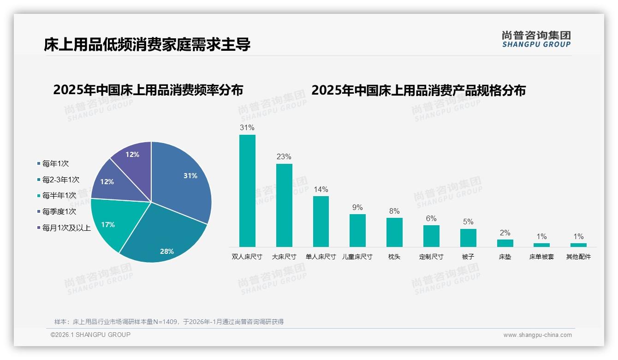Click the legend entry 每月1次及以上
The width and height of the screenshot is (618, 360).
click(66, 228)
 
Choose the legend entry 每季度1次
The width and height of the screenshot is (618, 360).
click(59, 211)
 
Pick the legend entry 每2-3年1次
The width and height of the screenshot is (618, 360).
click(60, 180)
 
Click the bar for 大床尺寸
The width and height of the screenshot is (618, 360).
click(284, 205)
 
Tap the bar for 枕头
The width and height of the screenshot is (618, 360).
click(394, 232)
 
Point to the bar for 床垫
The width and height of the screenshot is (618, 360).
click(505, 243)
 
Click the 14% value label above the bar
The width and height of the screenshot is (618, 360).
click(321, 189)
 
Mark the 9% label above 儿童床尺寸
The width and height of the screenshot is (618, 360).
click(357, 207)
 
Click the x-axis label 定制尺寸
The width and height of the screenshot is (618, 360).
click(431, 257)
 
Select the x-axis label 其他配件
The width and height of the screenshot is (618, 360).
click(578, 257)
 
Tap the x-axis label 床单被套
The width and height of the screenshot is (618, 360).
click(541, 257)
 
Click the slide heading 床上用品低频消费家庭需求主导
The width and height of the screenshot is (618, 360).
click(147, 44)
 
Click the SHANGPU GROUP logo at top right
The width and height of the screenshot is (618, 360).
click(536, 39)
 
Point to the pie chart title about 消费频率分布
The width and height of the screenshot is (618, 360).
click(148, 90)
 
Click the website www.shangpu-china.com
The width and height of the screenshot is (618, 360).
click(537, 335)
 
